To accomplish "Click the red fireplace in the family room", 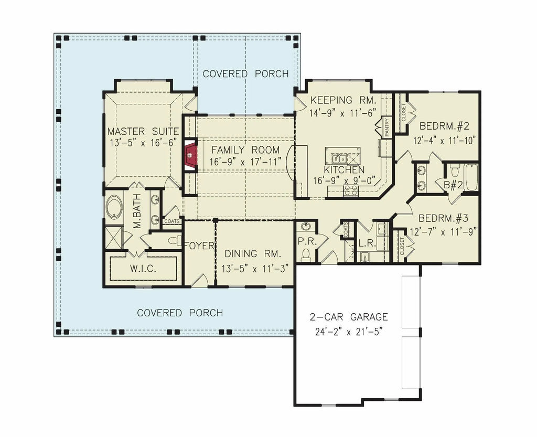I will pos(190,155).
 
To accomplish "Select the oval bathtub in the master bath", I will pos(114,207).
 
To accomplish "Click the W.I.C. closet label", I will pos(142,269).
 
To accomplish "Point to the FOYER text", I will pos(199,246).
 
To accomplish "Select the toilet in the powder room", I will pos(306,254).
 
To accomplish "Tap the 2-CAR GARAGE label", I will pos(349,317).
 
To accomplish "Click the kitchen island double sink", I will pos(338,158).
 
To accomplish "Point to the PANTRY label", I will pos(387,127).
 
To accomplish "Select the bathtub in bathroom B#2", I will pos(470,177).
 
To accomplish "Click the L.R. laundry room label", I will pos(366,244).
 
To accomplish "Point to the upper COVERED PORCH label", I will pos(245,74).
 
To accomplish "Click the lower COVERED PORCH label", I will pos(180,313).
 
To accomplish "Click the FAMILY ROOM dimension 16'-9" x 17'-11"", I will pos(246,162).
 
